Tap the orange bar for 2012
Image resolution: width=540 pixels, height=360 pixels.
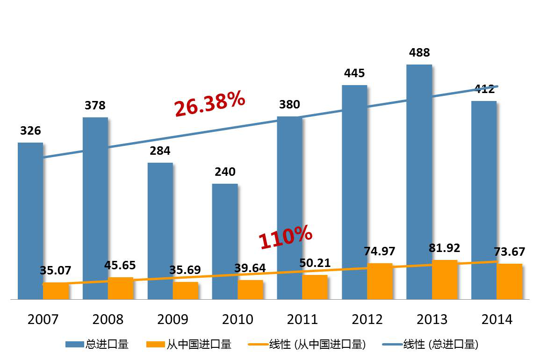click(380, 281)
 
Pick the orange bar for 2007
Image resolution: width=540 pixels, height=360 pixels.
click(56, 291)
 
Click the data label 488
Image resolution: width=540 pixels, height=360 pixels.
click(419, 52)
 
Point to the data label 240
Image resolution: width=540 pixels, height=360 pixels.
click(225, 172)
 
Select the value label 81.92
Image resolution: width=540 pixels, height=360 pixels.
click(444, 248)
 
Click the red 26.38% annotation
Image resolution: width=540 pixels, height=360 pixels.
click(210, 103)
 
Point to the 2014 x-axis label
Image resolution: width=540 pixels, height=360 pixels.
click(497, 319)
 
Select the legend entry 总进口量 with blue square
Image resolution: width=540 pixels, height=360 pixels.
click(97, 345)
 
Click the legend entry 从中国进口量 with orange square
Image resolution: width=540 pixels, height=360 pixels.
click(189, 345)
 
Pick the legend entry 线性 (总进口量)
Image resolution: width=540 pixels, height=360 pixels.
click(430, 345)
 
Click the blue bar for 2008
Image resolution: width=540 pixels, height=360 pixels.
click(95, 208)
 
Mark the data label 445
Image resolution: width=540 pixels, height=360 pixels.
click(354, 73)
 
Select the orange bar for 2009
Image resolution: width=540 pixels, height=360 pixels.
click(186, 290)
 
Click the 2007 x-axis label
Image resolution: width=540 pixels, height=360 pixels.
click(43, 319)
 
